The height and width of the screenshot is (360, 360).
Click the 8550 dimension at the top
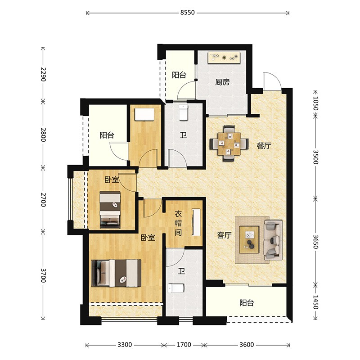187,13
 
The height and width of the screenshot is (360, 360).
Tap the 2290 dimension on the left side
43,74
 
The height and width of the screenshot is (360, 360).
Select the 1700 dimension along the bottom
184,345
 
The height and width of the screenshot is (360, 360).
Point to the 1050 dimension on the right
315,103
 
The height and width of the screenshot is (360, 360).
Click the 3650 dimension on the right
315,242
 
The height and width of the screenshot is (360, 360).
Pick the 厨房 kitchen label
222,82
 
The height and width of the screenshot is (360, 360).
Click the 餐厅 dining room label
264,145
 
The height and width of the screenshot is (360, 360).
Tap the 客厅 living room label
224,235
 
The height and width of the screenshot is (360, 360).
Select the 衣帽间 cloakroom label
178,223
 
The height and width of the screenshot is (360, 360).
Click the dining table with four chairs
229,144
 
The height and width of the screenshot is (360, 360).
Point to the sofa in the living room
273,240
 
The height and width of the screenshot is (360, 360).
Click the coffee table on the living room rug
249,240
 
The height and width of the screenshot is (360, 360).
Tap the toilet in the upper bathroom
184,112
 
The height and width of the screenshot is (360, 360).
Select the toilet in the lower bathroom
176,288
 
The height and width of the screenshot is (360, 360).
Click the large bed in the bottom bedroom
116,273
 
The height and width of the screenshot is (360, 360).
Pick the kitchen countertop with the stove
224,58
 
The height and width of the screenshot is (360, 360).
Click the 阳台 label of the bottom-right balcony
247,303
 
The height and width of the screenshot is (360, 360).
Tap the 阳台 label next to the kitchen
179,75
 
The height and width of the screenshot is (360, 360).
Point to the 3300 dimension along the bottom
125,345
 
